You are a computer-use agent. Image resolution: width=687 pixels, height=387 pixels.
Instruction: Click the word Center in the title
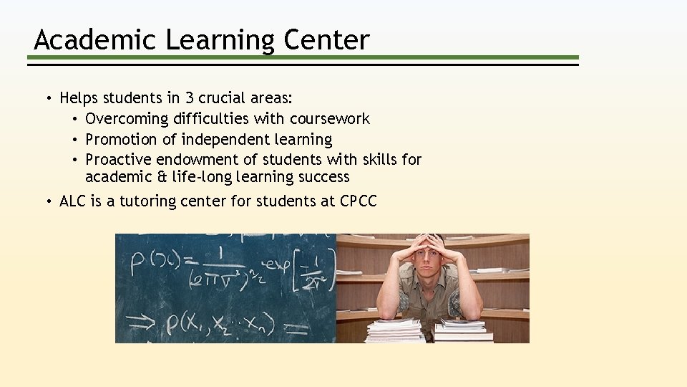(x=326, y=40)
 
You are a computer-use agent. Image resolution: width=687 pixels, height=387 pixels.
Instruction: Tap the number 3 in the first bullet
(x=189, y=98)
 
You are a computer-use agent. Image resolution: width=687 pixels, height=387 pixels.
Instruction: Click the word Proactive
(x=118, y=159)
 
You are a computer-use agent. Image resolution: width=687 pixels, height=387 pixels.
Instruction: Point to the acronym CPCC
(x=358, y=201)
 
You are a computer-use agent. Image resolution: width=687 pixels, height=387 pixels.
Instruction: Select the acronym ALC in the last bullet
(x=72, y=201)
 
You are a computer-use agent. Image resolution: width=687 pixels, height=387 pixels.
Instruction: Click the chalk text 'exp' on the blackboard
(x=273, y=252)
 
